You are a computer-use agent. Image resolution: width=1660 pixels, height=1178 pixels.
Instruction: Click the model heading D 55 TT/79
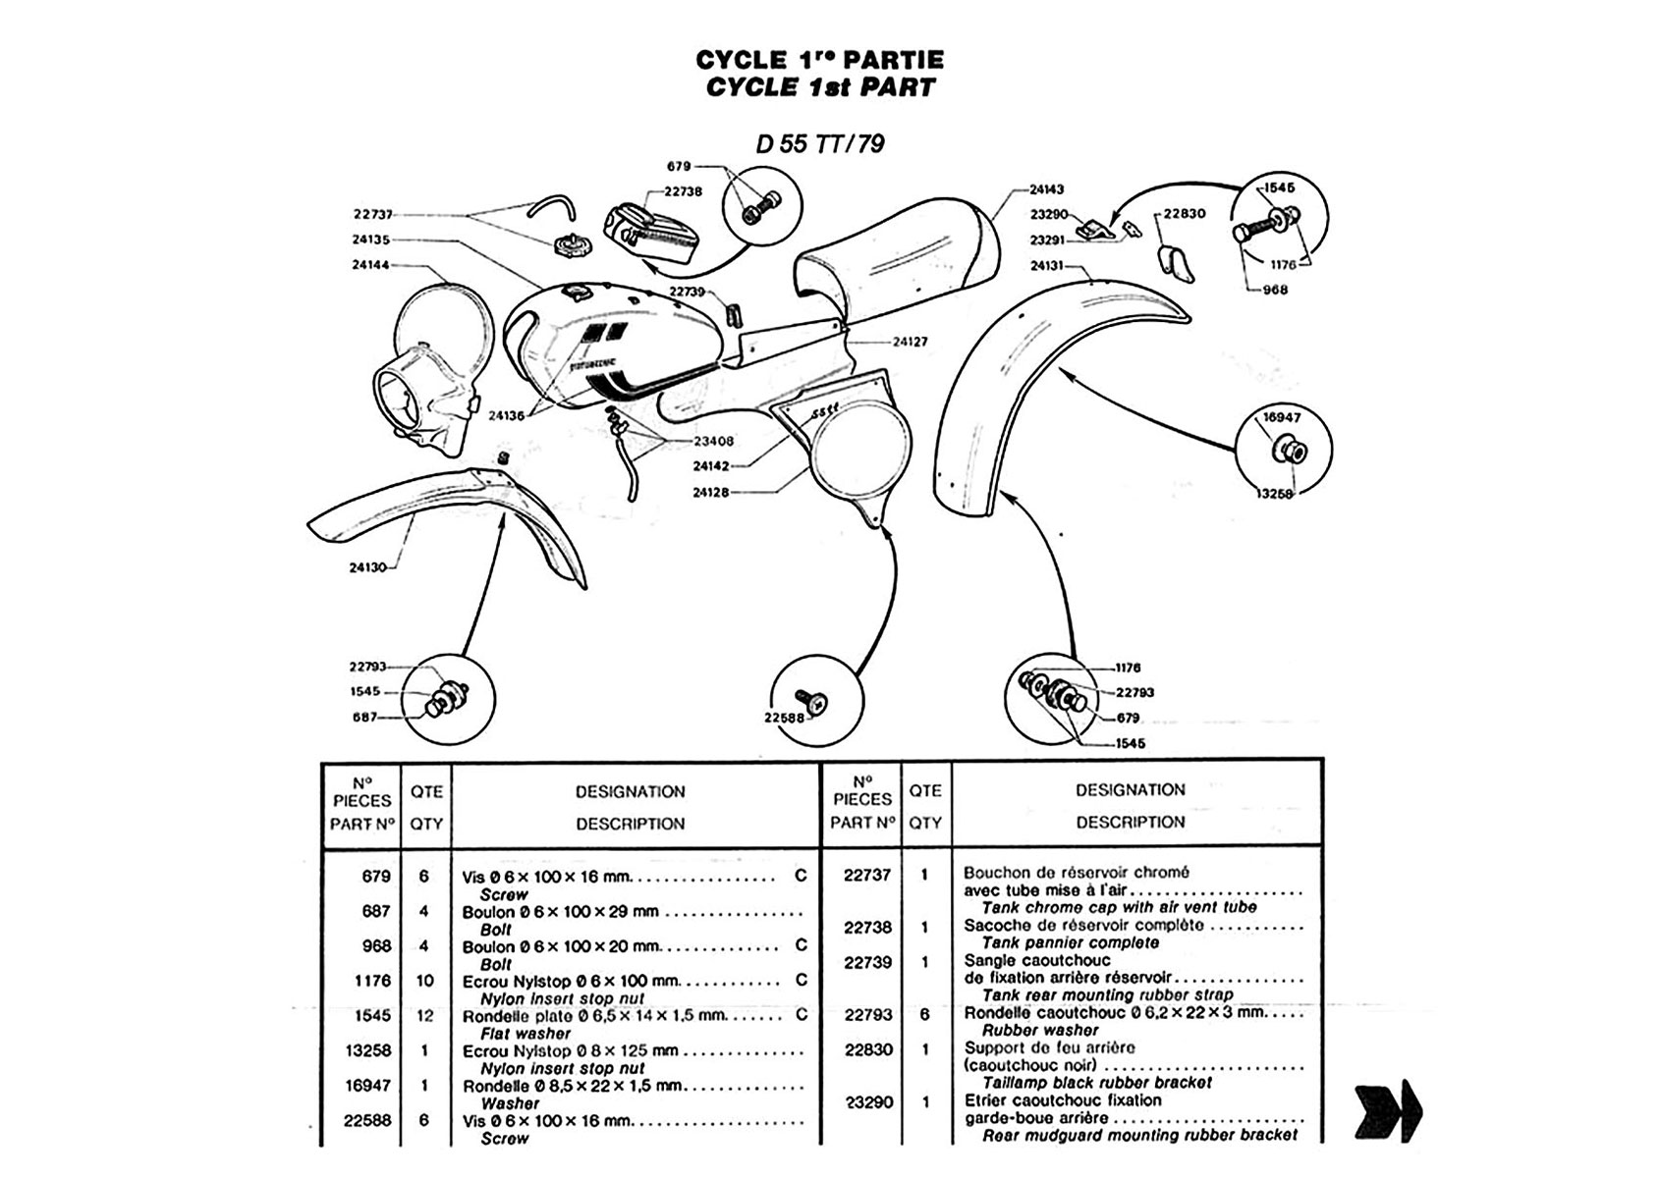[819, 144]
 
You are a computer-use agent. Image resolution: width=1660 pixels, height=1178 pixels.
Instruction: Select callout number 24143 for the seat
[1046, 189]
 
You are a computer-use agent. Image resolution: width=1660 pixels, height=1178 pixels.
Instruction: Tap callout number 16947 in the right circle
[1281, 417]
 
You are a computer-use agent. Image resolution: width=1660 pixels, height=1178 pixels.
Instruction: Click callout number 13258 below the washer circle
[1276, 493]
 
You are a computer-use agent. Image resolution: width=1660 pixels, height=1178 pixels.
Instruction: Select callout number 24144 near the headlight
[370, 264]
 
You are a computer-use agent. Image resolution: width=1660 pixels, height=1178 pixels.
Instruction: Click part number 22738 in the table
[866, 927]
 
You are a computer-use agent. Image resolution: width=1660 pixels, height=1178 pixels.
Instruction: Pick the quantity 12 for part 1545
[424, 1016]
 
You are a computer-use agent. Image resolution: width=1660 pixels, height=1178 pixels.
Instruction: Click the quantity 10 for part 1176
[424, 981]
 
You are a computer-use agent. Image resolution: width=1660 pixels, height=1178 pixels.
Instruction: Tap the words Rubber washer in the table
[1040, 1031]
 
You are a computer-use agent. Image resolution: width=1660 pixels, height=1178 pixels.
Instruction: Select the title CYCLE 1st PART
[819, 87]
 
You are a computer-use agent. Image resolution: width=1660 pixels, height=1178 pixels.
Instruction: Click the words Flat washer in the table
[525, 1034]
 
